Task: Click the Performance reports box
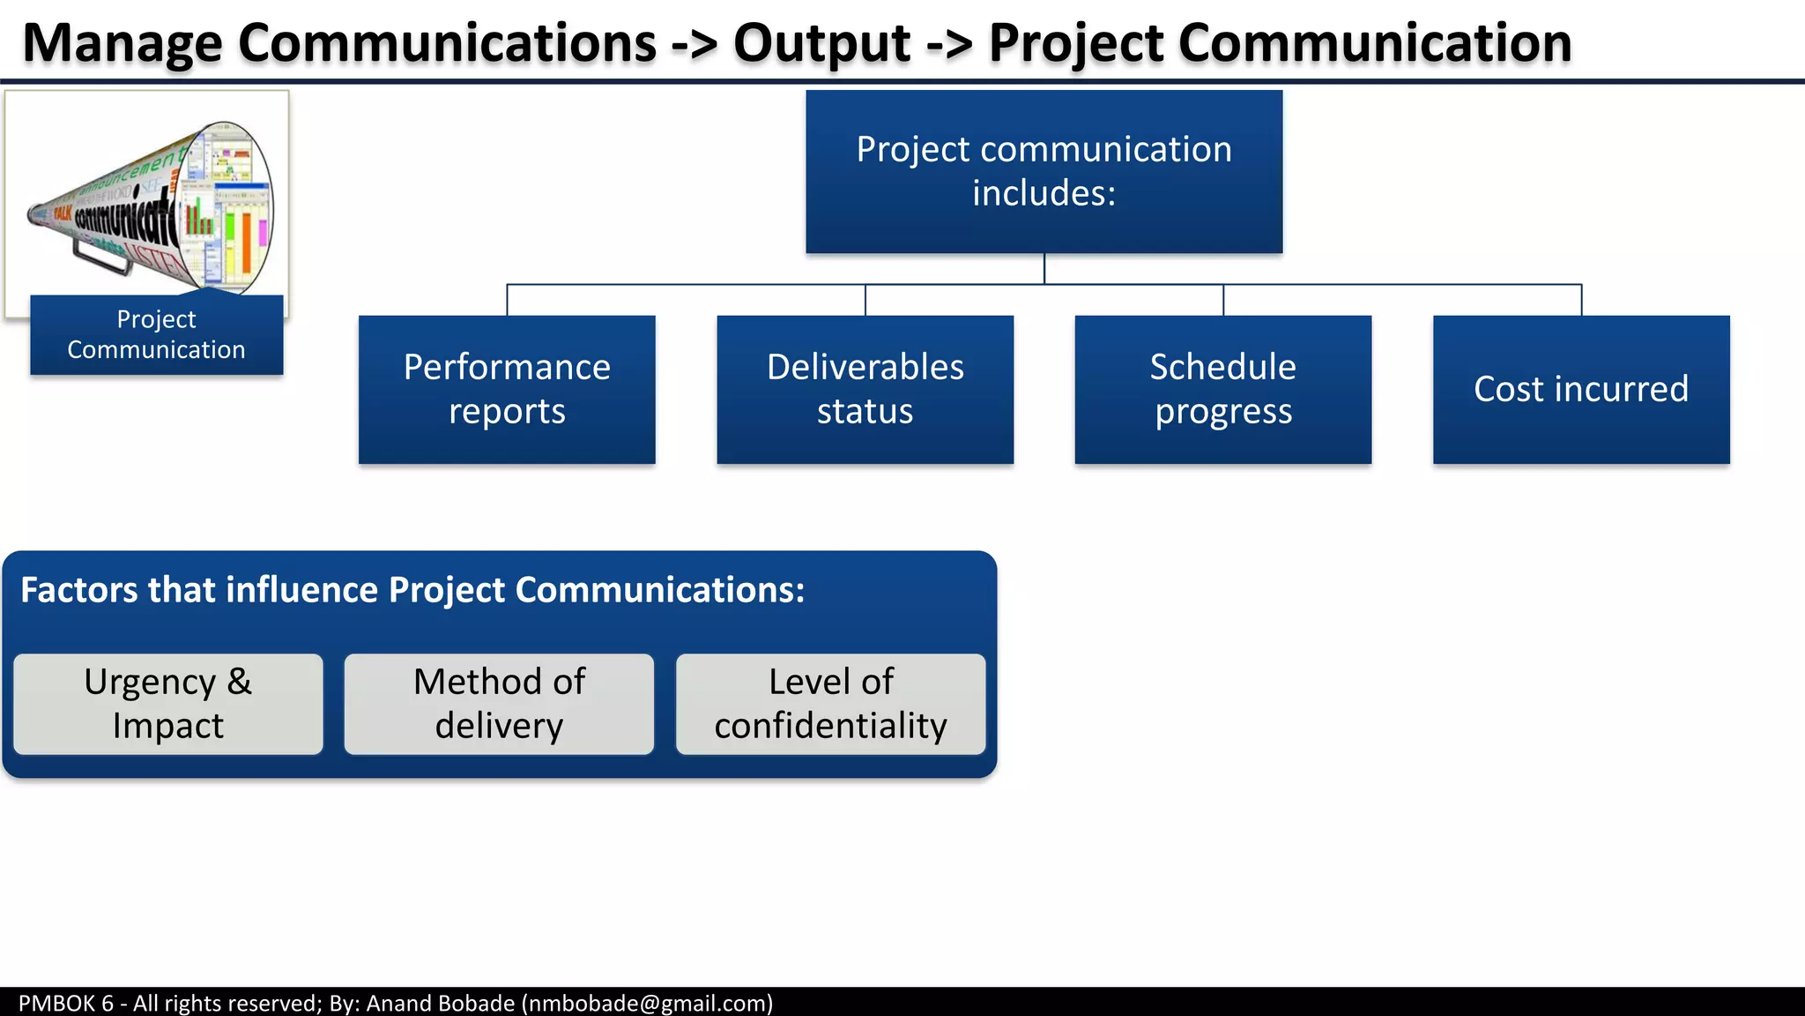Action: [x=507, y=389]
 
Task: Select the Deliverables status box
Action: [x=865, y=389]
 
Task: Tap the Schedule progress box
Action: [x=1222, y=389]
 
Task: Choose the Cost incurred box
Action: [x=1581, y=389]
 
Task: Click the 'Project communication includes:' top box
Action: [x=1044, y=171]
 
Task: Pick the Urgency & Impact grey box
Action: [x=167, y=704]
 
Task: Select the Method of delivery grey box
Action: [x=499, y=704]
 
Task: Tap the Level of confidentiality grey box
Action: [x=830, y=704]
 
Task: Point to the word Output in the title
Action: [x=821, y=42]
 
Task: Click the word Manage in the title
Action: [x=122, y=42]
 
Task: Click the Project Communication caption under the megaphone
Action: [x=156, y=334]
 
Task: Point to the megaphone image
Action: [x=150, y=203]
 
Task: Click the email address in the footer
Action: [x=647, y=1004]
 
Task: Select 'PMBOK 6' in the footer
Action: [x=65, y=1004]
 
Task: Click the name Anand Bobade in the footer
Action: [x=440, y=1004]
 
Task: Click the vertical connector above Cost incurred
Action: [x=1581, y=300]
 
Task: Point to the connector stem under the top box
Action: [x=1044, y=269]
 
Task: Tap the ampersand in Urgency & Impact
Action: [x=239, y=682]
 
